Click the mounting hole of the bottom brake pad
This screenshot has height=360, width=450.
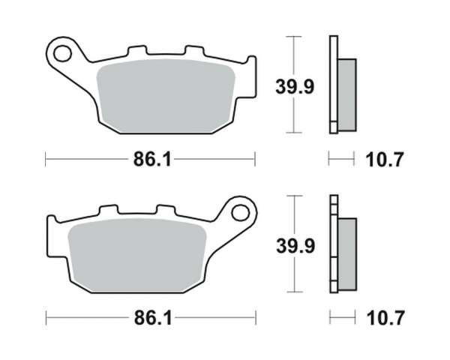pyautogui.click(x=240, y=213)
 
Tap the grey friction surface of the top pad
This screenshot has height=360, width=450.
pyautogui.click(x=166, y=96)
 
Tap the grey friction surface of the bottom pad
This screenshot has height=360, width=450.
pyautogui.click(x=137, y=256)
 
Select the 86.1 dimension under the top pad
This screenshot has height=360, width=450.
pyautogui.click(x=152, y=159)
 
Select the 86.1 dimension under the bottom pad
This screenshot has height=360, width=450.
pyautogui.click(x=153, y=318)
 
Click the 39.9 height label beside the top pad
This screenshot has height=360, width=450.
pyautogui.click(x=295, y=87)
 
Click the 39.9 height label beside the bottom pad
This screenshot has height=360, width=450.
pyautogui.click(x=295, y=246)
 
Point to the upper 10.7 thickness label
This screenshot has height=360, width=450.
pyautogui.click(x=385, y=159)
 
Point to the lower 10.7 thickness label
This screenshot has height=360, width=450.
pyautogui.click(x=385, y=318)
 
